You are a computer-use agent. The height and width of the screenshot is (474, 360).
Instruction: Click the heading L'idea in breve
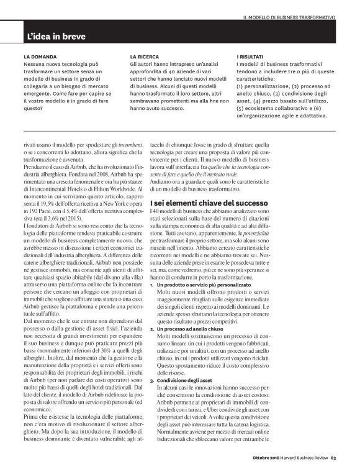point(52,37)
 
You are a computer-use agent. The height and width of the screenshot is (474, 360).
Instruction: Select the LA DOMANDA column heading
point(40,57)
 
